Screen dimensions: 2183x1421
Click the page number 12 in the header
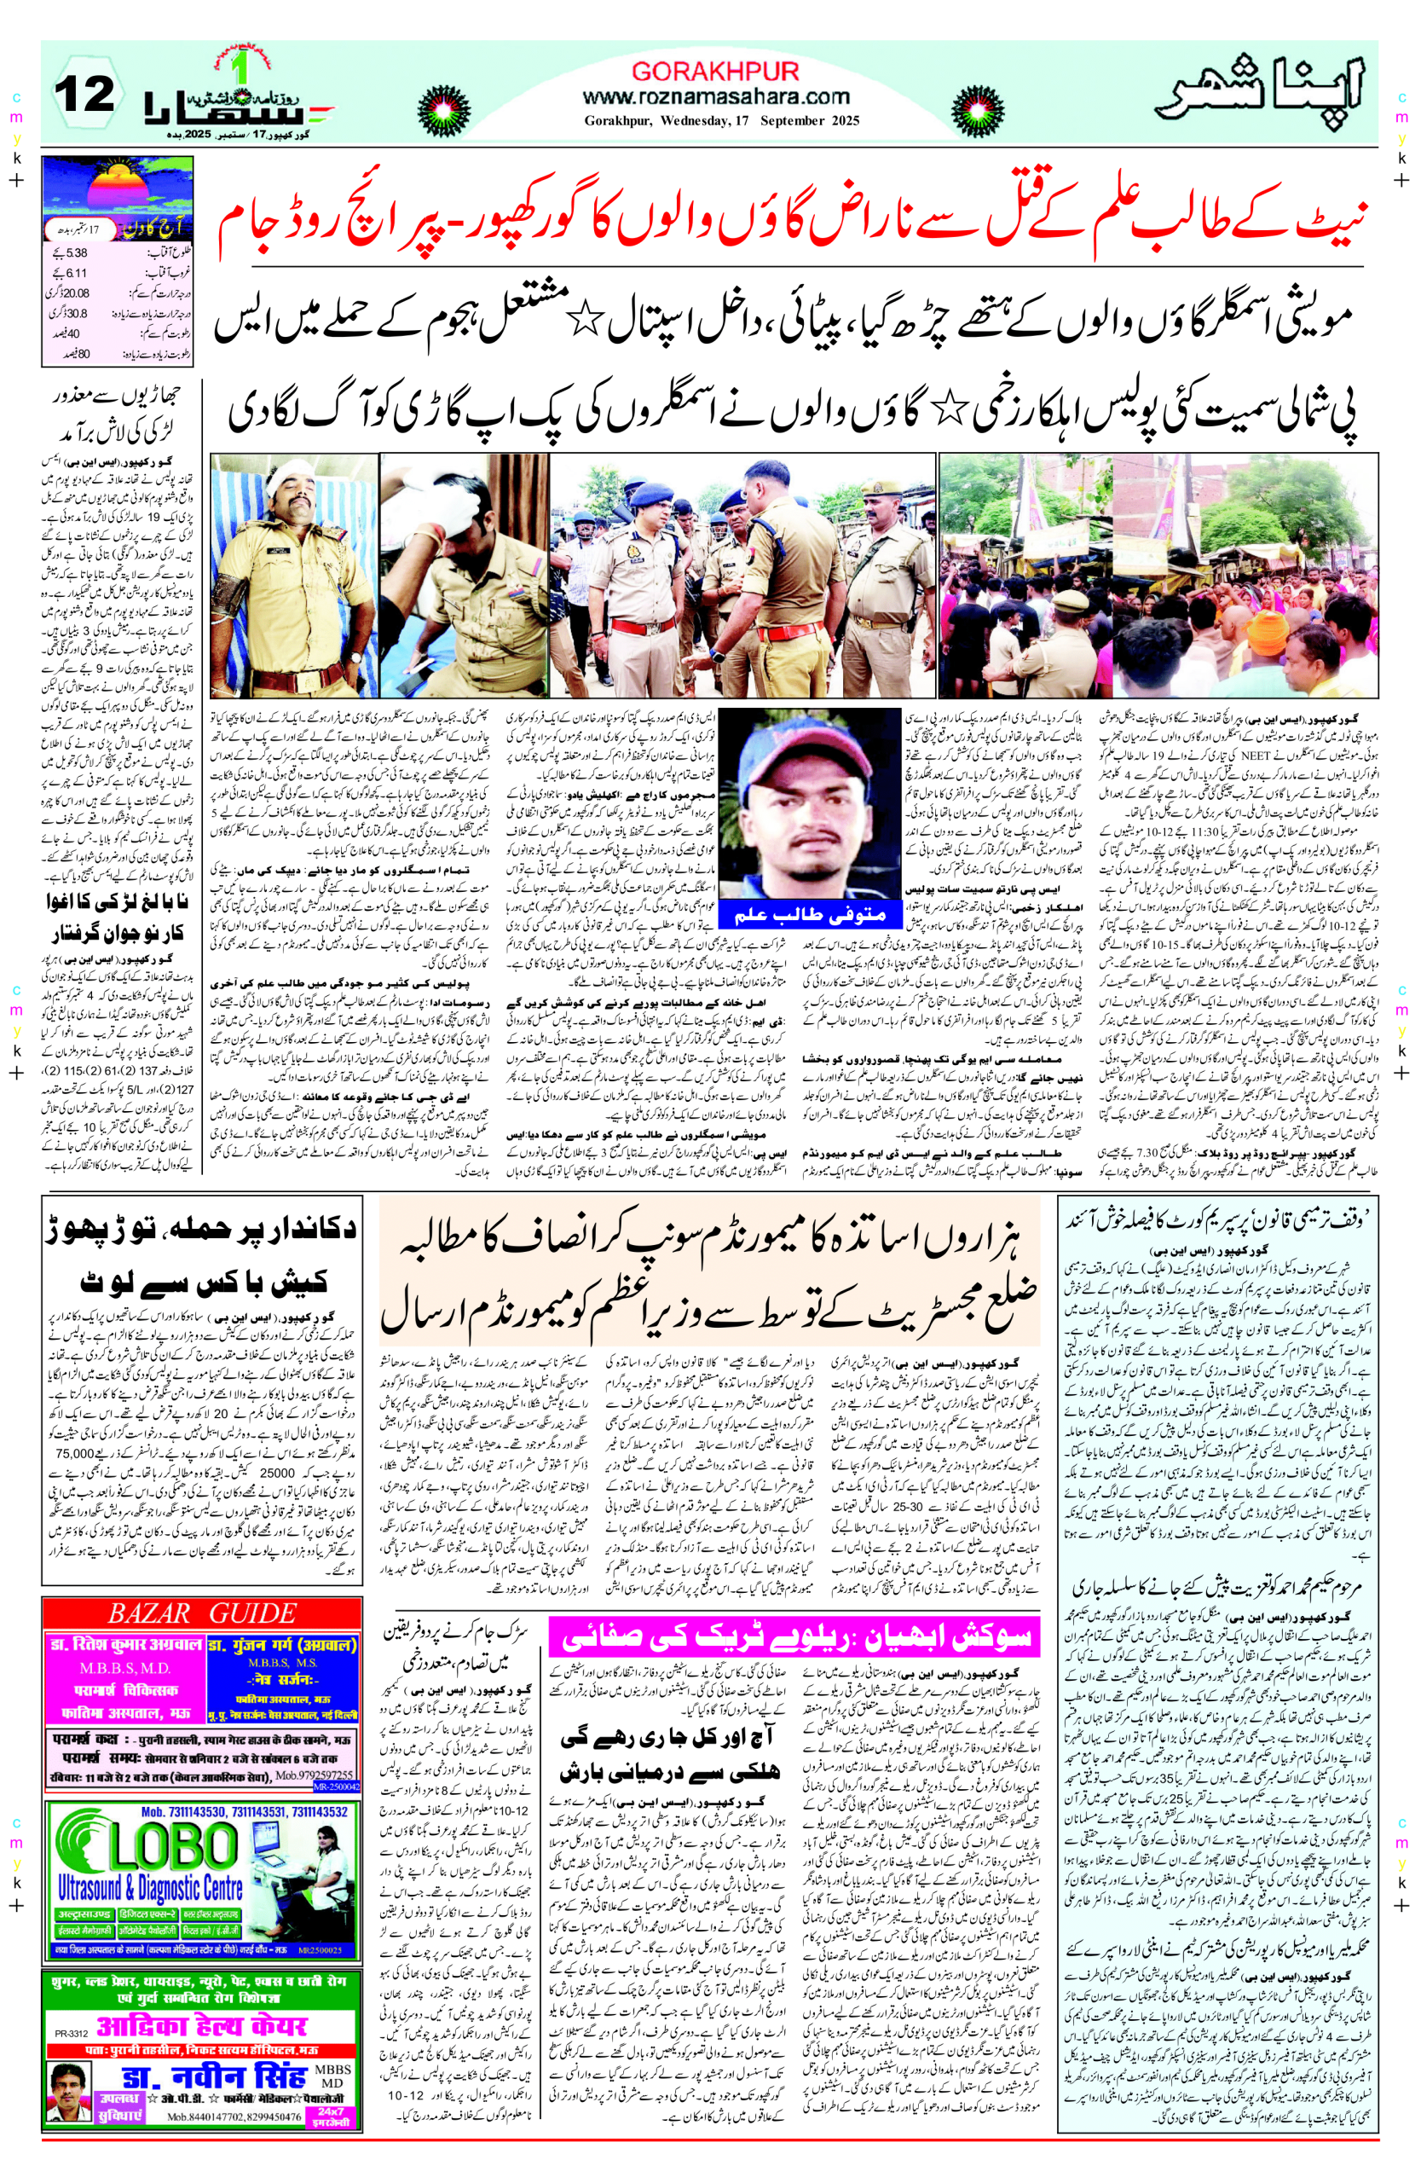84,95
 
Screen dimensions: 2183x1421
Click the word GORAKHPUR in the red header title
715,72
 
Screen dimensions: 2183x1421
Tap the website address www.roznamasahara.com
716,96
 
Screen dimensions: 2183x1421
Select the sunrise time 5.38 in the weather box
77,252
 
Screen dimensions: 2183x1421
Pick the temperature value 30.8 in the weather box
77,313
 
